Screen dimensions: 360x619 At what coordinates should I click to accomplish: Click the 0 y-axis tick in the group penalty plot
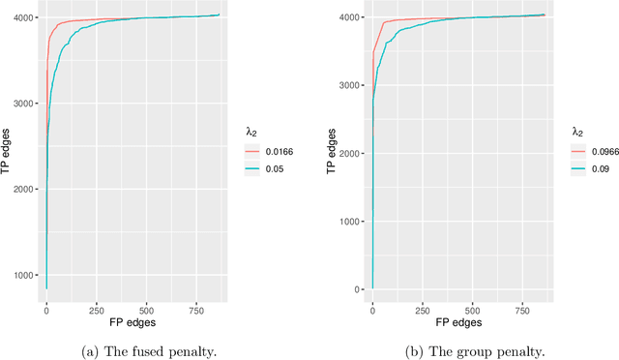360,289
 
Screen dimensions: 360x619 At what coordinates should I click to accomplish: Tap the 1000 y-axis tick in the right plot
352,222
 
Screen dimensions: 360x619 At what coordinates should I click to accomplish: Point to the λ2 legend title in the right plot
577,132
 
